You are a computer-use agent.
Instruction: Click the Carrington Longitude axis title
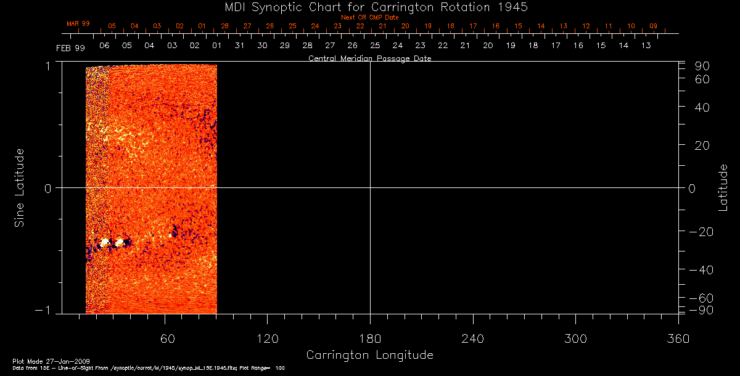coord(369,355)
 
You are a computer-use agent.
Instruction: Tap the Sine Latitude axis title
coord(20,187)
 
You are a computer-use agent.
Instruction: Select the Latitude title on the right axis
coord(723,187)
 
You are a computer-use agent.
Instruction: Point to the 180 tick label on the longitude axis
coord(370,338)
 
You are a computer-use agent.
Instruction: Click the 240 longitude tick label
coord(472,338)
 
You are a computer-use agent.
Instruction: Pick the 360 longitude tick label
coord(678,338)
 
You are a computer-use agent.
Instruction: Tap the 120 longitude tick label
coord(267,338)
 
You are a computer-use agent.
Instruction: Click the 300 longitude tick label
coord(575,338)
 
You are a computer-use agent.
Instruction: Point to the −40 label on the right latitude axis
coord(700,270)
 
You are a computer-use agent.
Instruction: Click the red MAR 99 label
coord(78,23)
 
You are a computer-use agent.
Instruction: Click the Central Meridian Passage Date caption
coord(369,59)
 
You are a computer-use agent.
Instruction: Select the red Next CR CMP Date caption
coord(369,17)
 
